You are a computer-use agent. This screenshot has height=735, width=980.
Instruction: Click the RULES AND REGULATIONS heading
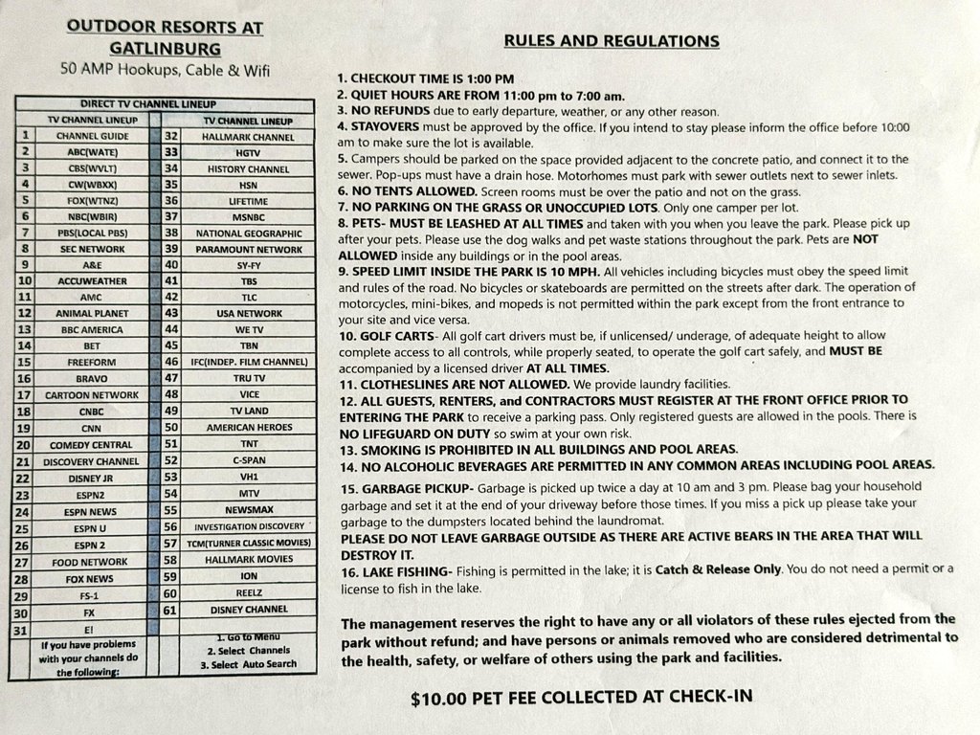pos(612,41)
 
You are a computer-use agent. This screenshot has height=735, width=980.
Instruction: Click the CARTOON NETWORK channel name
pos(92,393)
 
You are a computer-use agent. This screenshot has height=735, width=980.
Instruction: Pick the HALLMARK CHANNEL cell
pos(248,137)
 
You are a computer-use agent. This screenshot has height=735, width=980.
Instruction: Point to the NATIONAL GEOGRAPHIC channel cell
pos(248,233)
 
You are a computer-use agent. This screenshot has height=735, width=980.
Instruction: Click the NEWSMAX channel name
pos(248,509)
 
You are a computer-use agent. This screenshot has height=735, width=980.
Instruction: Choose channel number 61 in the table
pos(172,609)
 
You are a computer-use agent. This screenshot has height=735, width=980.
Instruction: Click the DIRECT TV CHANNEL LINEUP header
pos(162,103)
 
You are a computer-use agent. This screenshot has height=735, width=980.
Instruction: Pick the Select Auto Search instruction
pos(247,664)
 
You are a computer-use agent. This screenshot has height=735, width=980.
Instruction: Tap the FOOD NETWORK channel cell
pos(92,561)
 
